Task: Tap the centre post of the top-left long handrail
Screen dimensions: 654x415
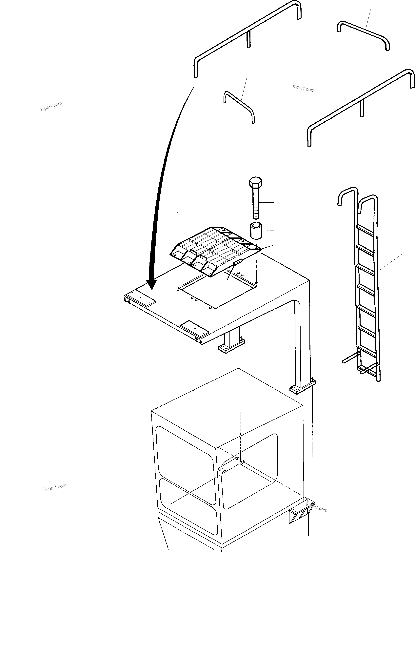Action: (x=248, y=40)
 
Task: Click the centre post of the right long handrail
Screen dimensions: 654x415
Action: (x=362, y=109)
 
